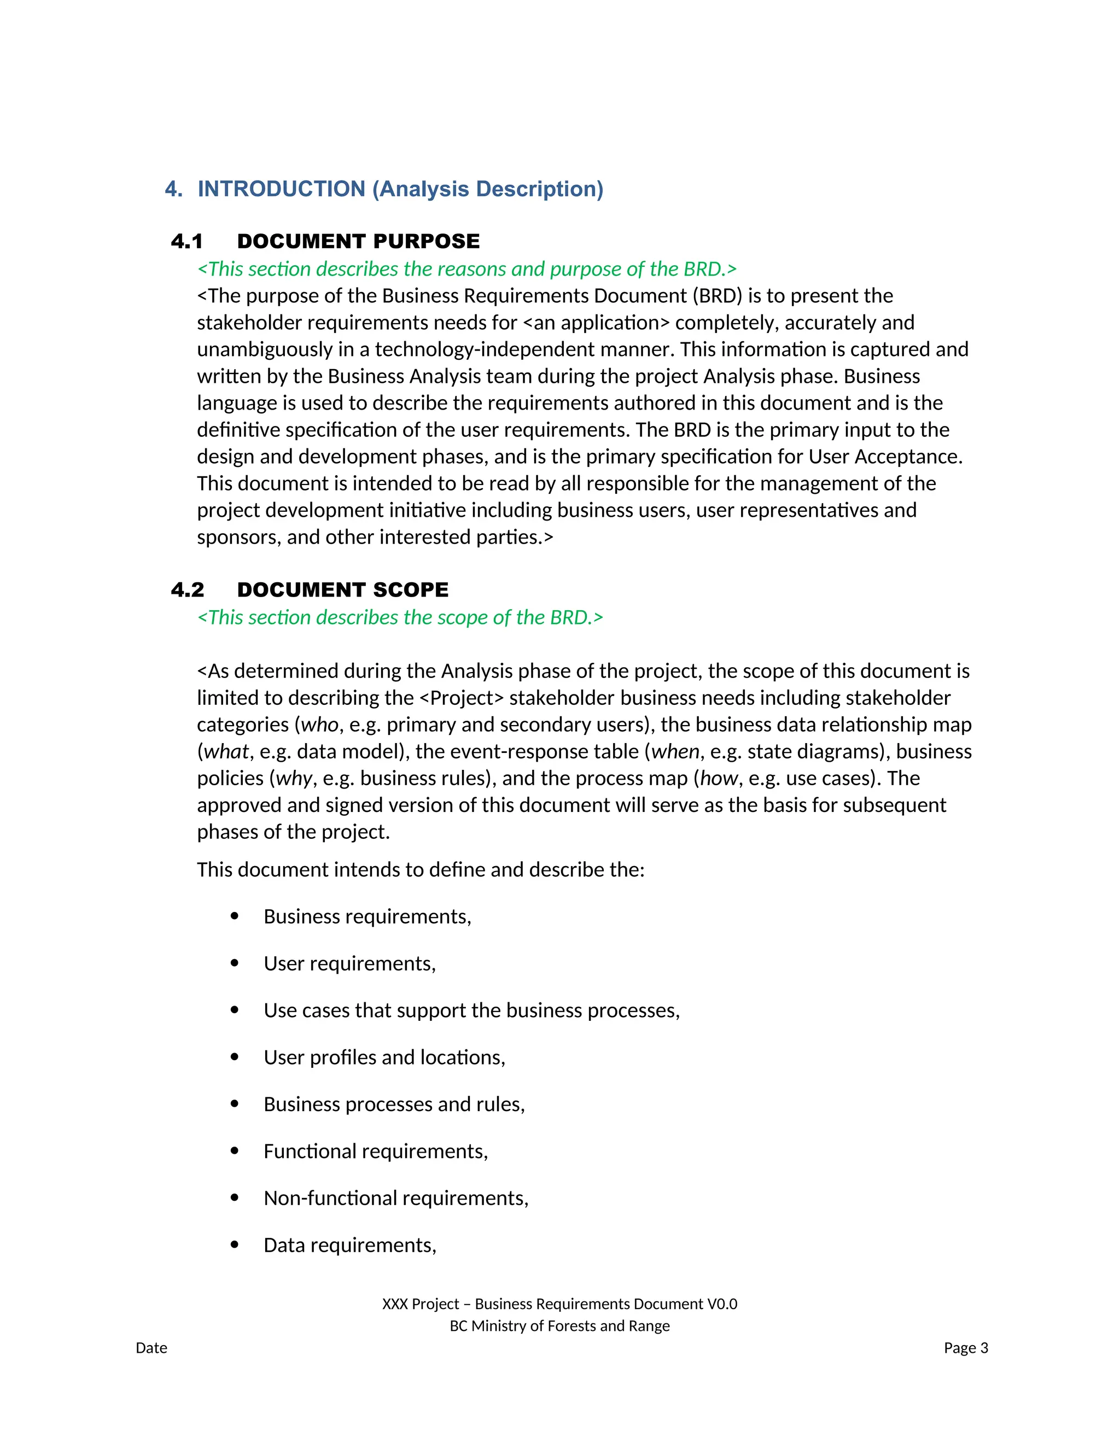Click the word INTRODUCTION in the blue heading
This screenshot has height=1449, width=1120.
click(x=281, y=189)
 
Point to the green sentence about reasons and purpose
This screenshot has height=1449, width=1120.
click(x=466, y=268)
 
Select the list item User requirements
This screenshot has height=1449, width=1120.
click(x=349, y=963)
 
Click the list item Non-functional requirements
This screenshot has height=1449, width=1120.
click(x=395, y=1197)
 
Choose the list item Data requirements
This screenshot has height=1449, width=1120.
click(x=349, y=1244)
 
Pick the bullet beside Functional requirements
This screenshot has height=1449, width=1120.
click(x=234, y=1150)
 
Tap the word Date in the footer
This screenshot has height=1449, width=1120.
click(x=151, y=1347)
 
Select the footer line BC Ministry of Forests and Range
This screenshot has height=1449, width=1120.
click(x=559, y=1325)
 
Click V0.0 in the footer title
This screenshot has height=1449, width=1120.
click(x=722, y=1304)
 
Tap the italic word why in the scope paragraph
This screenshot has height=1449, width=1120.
click(x=293, y=778)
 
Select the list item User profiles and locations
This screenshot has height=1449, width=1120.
click(x=384, y=1057)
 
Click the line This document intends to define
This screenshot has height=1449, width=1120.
click(x=420, y=869)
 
